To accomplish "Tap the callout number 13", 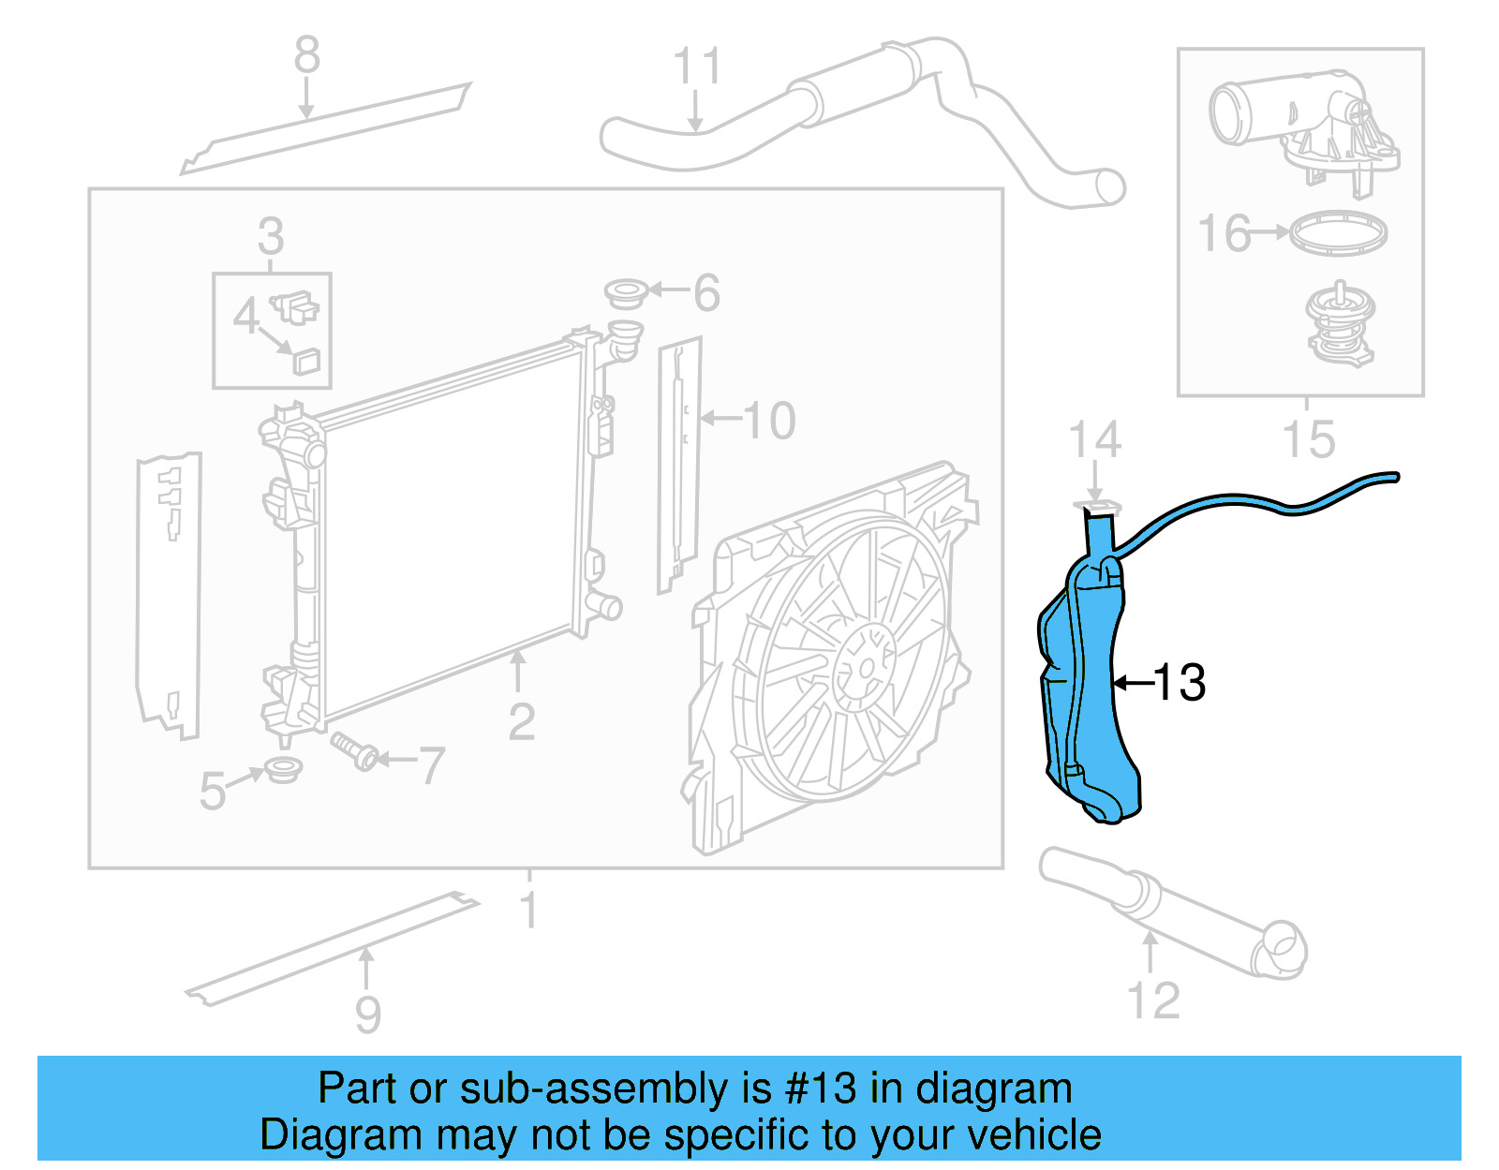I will (x=1180, y=682).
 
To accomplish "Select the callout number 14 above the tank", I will (x=1094, y=440).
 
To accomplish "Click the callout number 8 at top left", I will (x=306, y=55).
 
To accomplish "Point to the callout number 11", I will (x=697, y=67).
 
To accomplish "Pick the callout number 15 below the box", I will (x=1308, y=439).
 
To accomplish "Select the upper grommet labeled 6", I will (x=626, y=292).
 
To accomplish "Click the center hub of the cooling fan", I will (x=864, y=668).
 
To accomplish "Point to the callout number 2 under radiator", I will (x=521, y=721).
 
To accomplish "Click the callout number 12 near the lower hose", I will (x=1153, y=1000).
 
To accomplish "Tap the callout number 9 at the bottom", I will (x=367, y=1014).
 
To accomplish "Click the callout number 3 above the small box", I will (x=271, y=236).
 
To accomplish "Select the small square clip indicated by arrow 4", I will (x=306, y=360).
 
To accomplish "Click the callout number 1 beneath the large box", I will (x=529, y=910).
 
